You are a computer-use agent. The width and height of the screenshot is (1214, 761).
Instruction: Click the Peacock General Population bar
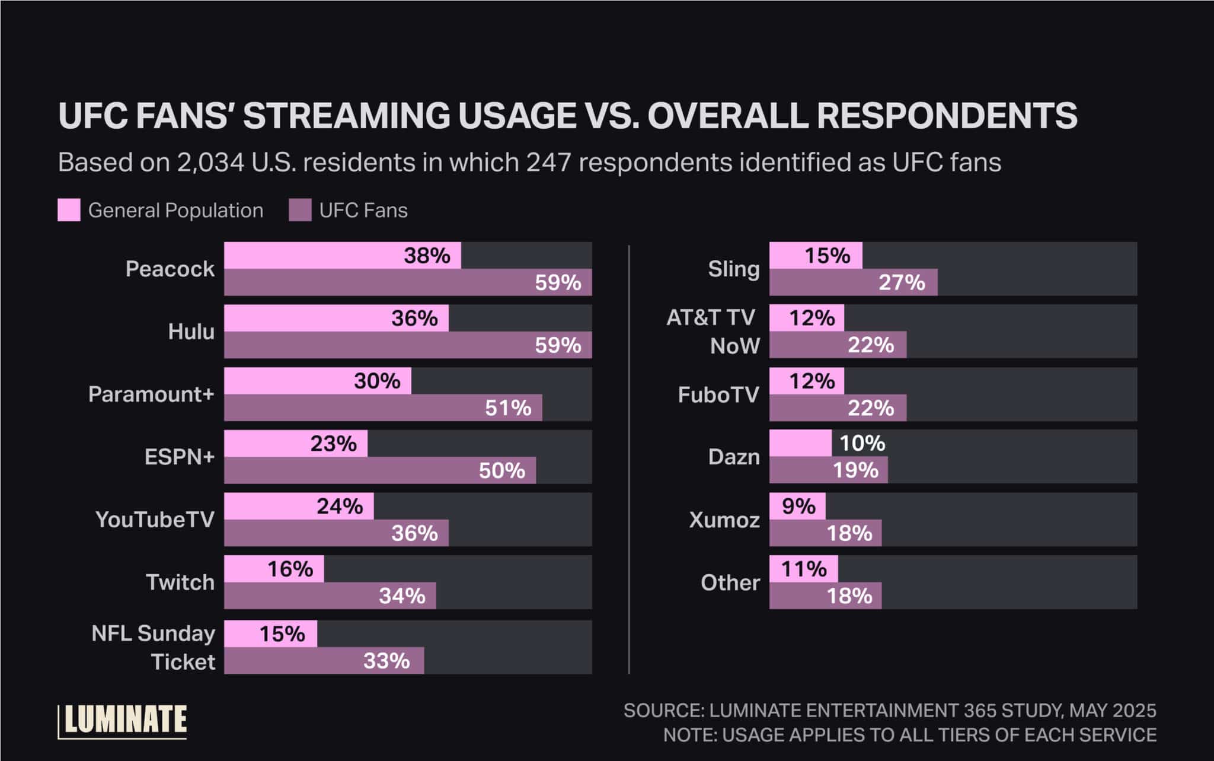[342, 256]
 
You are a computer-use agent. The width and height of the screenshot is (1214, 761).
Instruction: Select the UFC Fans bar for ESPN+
[379, 470]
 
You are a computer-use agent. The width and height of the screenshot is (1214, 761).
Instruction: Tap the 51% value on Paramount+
[508, 408]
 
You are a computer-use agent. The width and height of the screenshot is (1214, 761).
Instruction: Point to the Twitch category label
[180, 582]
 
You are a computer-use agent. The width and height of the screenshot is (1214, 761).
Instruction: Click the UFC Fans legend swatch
[300, 211]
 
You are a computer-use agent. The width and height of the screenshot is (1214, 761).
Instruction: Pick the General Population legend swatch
[69, 211]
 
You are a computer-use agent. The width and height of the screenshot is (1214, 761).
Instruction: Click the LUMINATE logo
[123, 721]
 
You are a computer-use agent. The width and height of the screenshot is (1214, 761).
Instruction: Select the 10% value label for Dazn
[862, 443]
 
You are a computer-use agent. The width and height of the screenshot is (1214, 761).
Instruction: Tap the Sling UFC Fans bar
[853, 282]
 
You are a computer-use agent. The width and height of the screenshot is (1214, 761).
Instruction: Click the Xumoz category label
[724, 520]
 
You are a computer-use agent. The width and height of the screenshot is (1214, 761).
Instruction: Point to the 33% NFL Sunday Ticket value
[386, 661]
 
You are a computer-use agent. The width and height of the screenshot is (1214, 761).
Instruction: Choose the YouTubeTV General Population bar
[298, 506]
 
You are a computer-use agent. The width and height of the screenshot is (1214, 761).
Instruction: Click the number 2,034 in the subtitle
[210, 163]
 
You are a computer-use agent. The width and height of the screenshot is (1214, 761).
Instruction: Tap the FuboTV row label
[718, 395]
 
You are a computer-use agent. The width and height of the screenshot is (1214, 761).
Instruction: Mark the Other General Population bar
[803, 569]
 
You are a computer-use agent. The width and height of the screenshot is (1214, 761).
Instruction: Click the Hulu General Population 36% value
[414, 319]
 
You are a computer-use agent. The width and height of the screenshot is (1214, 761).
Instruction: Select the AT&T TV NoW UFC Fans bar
[838, 345]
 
